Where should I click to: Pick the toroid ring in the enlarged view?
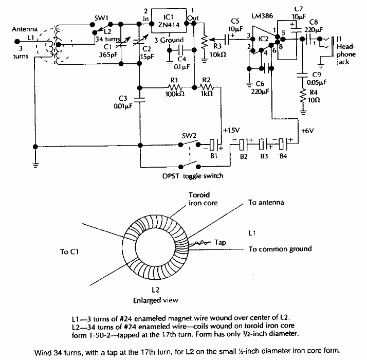pos(154,242)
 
